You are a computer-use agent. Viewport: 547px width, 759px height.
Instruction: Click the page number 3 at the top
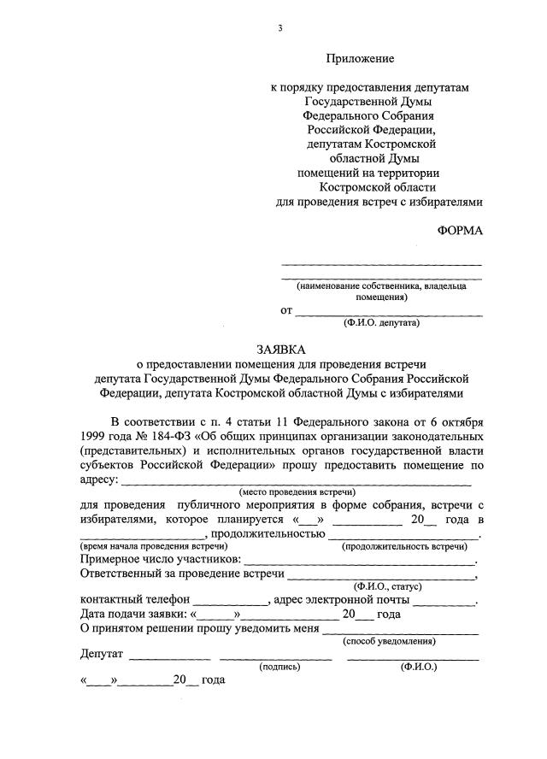point(279,28)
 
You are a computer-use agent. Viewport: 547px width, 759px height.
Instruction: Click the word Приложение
point(359,59)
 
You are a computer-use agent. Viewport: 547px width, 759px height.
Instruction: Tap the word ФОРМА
point(460,232)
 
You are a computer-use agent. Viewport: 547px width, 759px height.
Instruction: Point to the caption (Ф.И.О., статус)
point(388,587)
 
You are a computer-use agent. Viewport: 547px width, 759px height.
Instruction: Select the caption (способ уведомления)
point(389,641)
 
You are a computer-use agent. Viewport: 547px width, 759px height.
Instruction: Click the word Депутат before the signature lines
point(103,655)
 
